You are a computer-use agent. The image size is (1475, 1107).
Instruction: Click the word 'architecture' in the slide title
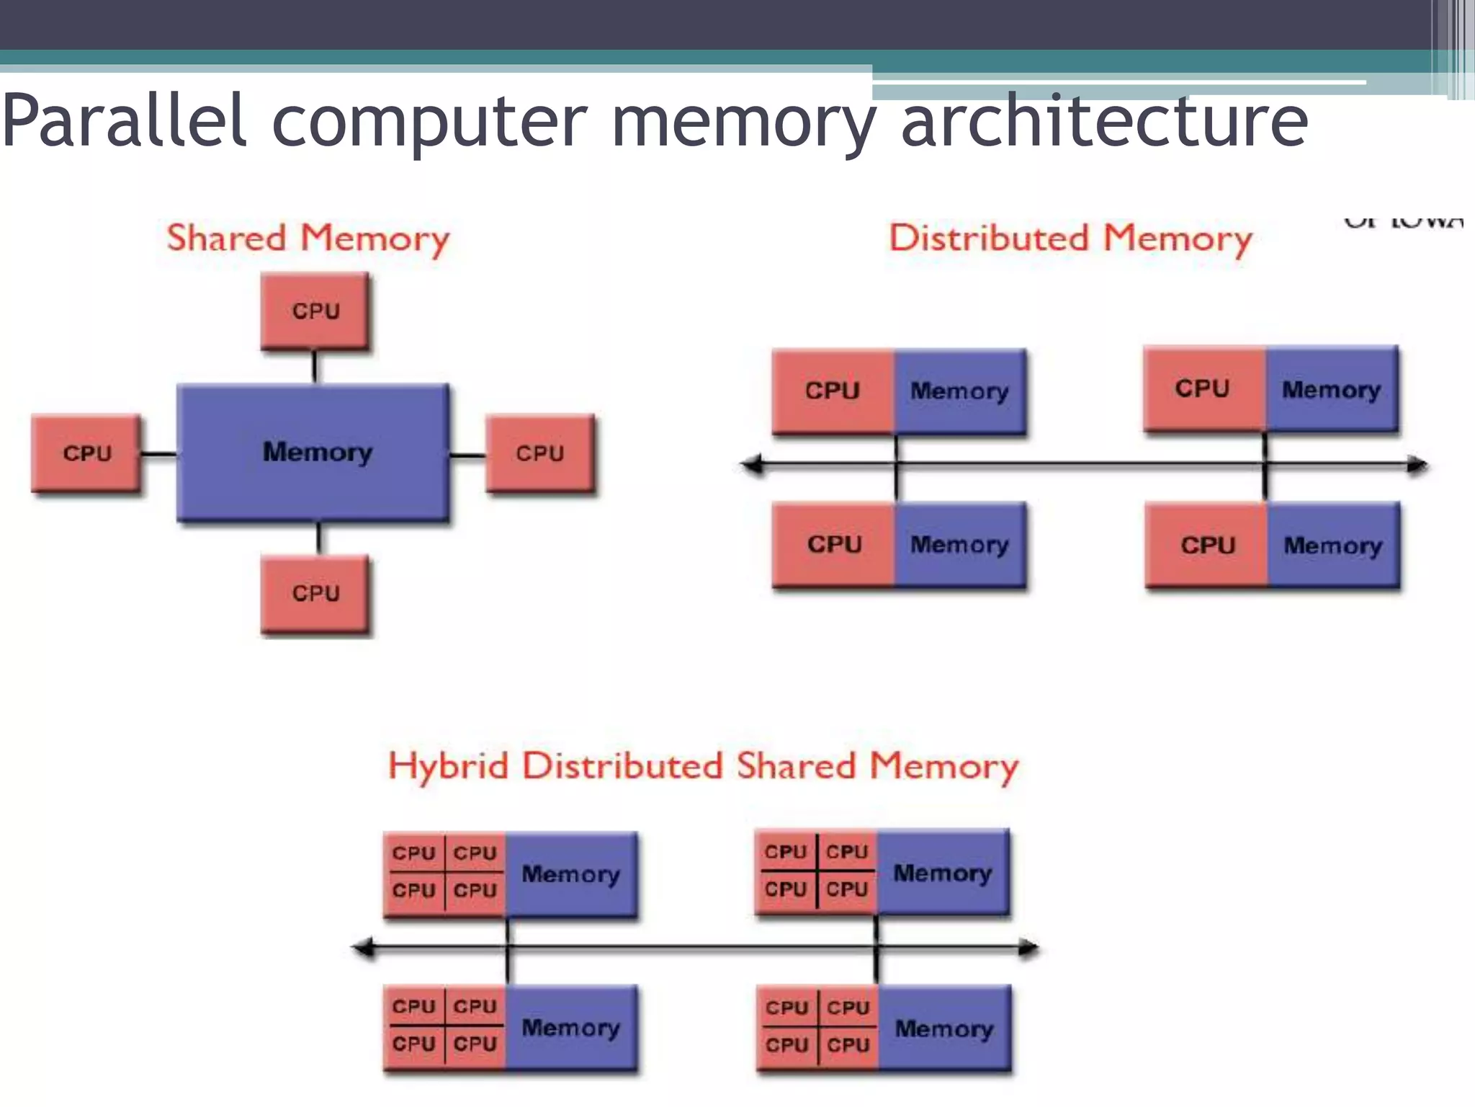click(1104, 121)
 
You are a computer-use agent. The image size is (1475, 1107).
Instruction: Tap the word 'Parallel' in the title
click(124, 121)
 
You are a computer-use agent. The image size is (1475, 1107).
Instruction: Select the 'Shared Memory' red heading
click(308, 239)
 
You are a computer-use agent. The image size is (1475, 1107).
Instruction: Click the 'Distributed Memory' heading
click(1070, 239)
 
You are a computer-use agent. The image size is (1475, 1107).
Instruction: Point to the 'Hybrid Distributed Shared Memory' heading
click(703, 766)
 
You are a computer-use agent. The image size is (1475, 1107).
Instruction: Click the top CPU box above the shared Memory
click(315, 311)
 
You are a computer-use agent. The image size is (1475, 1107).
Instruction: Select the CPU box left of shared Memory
click(86, 453)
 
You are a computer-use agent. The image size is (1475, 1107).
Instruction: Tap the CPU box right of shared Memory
click(540, 453)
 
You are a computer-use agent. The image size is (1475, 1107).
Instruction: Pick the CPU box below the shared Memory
click(315, 594)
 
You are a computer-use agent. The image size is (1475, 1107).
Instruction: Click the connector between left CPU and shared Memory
click(158, 454)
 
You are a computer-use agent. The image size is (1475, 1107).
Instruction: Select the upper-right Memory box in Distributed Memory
click(1332, 389)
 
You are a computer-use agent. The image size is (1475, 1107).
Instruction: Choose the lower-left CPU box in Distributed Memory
click(834, 544)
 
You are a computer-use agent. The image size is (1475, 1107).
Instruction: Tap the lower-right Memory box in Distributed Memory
click(1333, 546)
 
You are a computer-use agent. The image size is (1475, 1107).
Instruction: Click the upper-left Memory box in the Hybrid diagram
click(570, 874)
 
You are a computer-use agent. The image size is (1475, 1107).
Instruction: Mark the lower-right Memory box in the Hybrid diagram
click(943, 1029)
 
